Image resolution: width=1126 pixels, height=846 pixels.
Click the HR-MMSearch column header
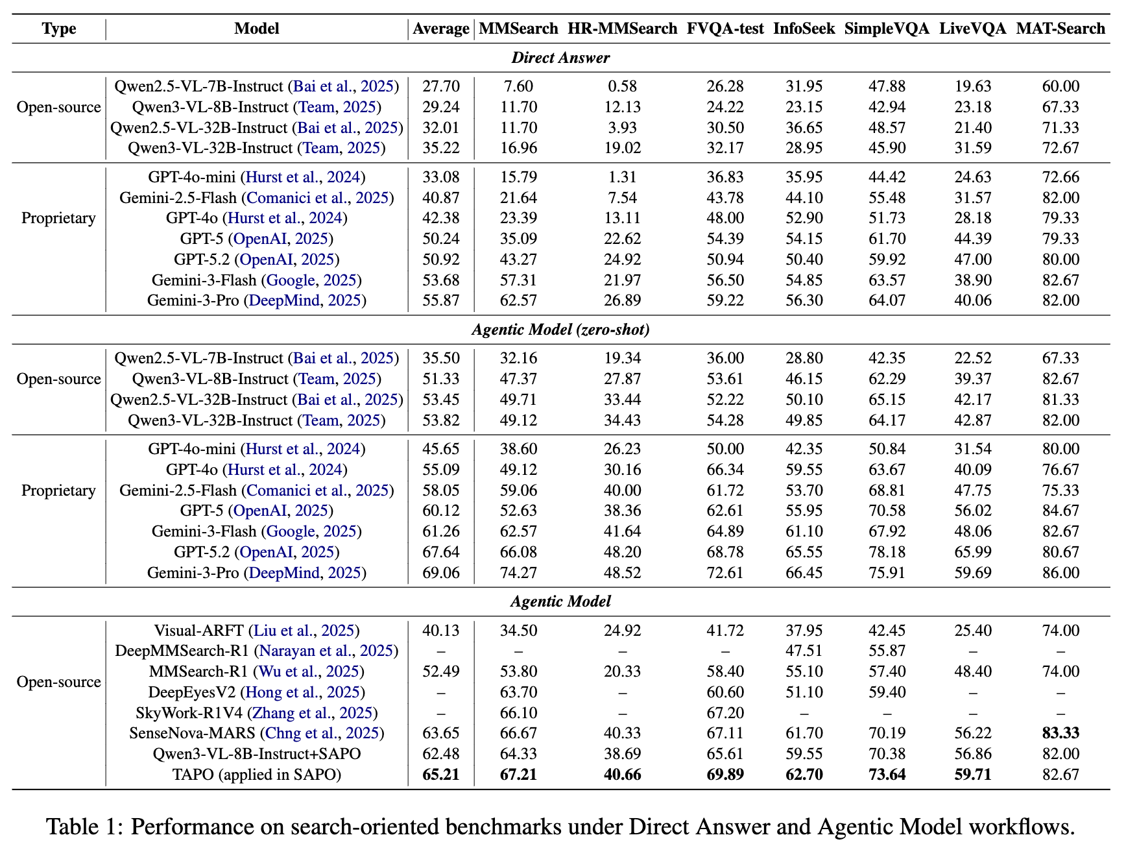pyautogui.click(x=622, y=29)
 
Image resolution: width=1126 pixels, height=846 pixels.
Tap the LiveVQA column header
pyautogui.click(x=972, y=29)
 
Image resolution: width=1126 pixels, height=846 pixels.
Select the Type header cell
pyautogui.click(x=59, y=29)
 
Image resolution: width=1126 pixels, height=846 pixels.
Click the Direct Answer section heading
pyautogui.click(x=560, y=58)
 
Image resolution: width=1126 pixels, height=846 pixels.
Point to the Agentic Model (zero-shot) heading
pyautogui.click(x=560, y=330)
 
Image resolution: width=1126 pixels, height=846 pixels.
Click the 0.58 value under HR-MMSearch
pyautogui.click(x=622, y=86)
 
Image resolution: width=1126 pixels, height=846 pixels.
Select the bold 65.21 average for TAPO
pyautogui.click(x=441, y=775)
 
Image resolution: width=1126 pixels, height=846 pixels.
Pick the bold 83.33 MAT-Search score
pyautogui.click(x=1060, y=733)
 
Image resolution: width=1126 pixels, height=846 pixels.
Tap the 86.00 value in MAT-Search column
pyautogui.click(x=1060, y=573)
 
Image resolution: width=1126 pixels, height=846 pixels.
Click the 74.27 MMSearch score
pyautogui.click(x=518, y=573)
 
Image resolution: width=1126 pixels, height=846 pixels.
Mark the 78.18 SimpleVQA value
pyautogui.click(x=887, y=552)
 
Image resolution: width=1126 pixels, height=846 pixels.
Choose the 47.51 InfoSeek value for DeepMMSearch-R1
pyautogui.click(x=804, y=651)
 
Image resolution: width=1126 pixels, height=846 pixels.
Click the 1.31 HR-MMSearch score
pyautogui.click(x=622, y=177)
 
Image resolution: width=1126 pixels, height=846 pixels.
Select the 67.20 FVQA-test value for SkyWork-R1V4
pyautogui.click(x=725, y=713)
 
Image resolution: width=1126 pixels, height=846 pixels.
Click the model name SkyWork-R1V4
pyautogui.click(x=189, y=713)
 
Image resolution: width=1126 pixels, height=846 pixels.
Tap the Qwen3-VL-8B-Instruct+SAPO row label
pyautogui.click(x=257, y=754)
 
